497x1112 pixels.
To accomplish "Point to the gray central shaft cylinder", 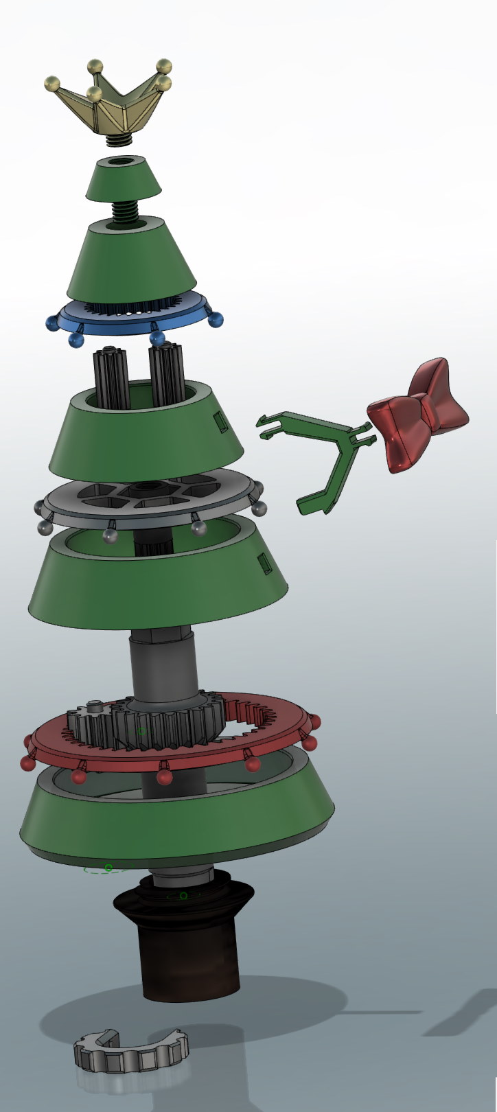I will point(164,666).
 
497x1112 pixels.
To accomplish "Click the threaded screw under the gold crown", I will point(120,139).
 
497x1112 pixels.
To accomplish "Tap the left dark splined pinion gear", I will point(108,378).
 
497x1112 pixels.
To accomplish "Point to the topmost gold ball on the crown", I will point(95,67).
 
